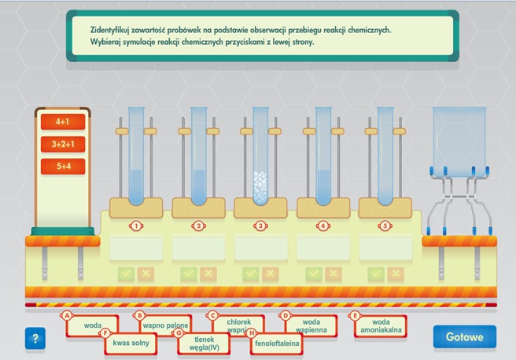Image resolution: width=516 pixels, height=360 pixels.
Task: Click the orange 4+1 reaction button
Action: coord(63,122)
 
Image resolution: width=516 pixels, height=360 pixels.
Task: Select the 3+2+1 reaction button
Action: coord(63,144)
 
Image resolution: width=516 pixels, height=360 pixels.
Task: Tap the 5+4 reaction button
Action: coord(63,166)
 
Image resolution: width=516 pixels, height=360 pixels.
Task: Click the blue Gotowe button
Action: coord(464,336)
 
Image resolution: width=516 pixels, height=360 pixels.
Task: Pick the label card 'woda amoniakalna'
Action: coord(381,326)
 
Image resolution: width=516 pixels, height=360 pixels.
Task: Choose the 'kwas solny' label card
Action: coord(131,343)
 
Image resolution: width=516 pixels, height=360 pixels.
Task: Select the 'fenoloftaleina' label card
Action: coord(277,343)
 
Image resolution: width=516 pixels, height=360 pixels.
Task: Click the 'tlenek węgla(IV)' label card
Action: coord(204,343)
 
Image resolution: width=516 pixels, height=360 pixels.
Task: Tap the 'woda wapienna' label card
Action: coord(311,326)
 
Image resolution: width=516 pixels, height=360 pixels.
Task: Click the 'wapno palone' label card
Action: coord(165,325)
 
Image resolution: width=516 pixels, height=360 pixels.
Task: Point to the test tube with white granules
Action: coord(260,156)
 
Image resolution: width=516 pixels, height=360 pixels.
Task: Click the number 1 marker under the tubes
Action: coord(136,226)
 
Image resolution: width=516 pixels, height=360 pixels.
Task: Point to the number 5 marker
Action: coord(385,226)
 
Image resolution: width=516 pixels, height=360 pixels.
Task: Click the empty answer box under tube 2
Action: coord(198,248)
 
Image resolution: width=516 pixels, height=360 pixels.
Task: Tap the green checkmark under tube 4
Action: coord(314,274)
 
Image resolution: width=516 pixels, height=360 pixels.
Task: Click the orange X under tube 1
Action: coord(146,274)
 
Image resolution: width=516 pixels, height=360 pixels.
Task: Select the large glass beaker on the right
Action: coord(459,141)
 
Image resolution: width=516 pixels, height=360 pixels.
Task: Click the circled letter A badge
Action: coord(67,316)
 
